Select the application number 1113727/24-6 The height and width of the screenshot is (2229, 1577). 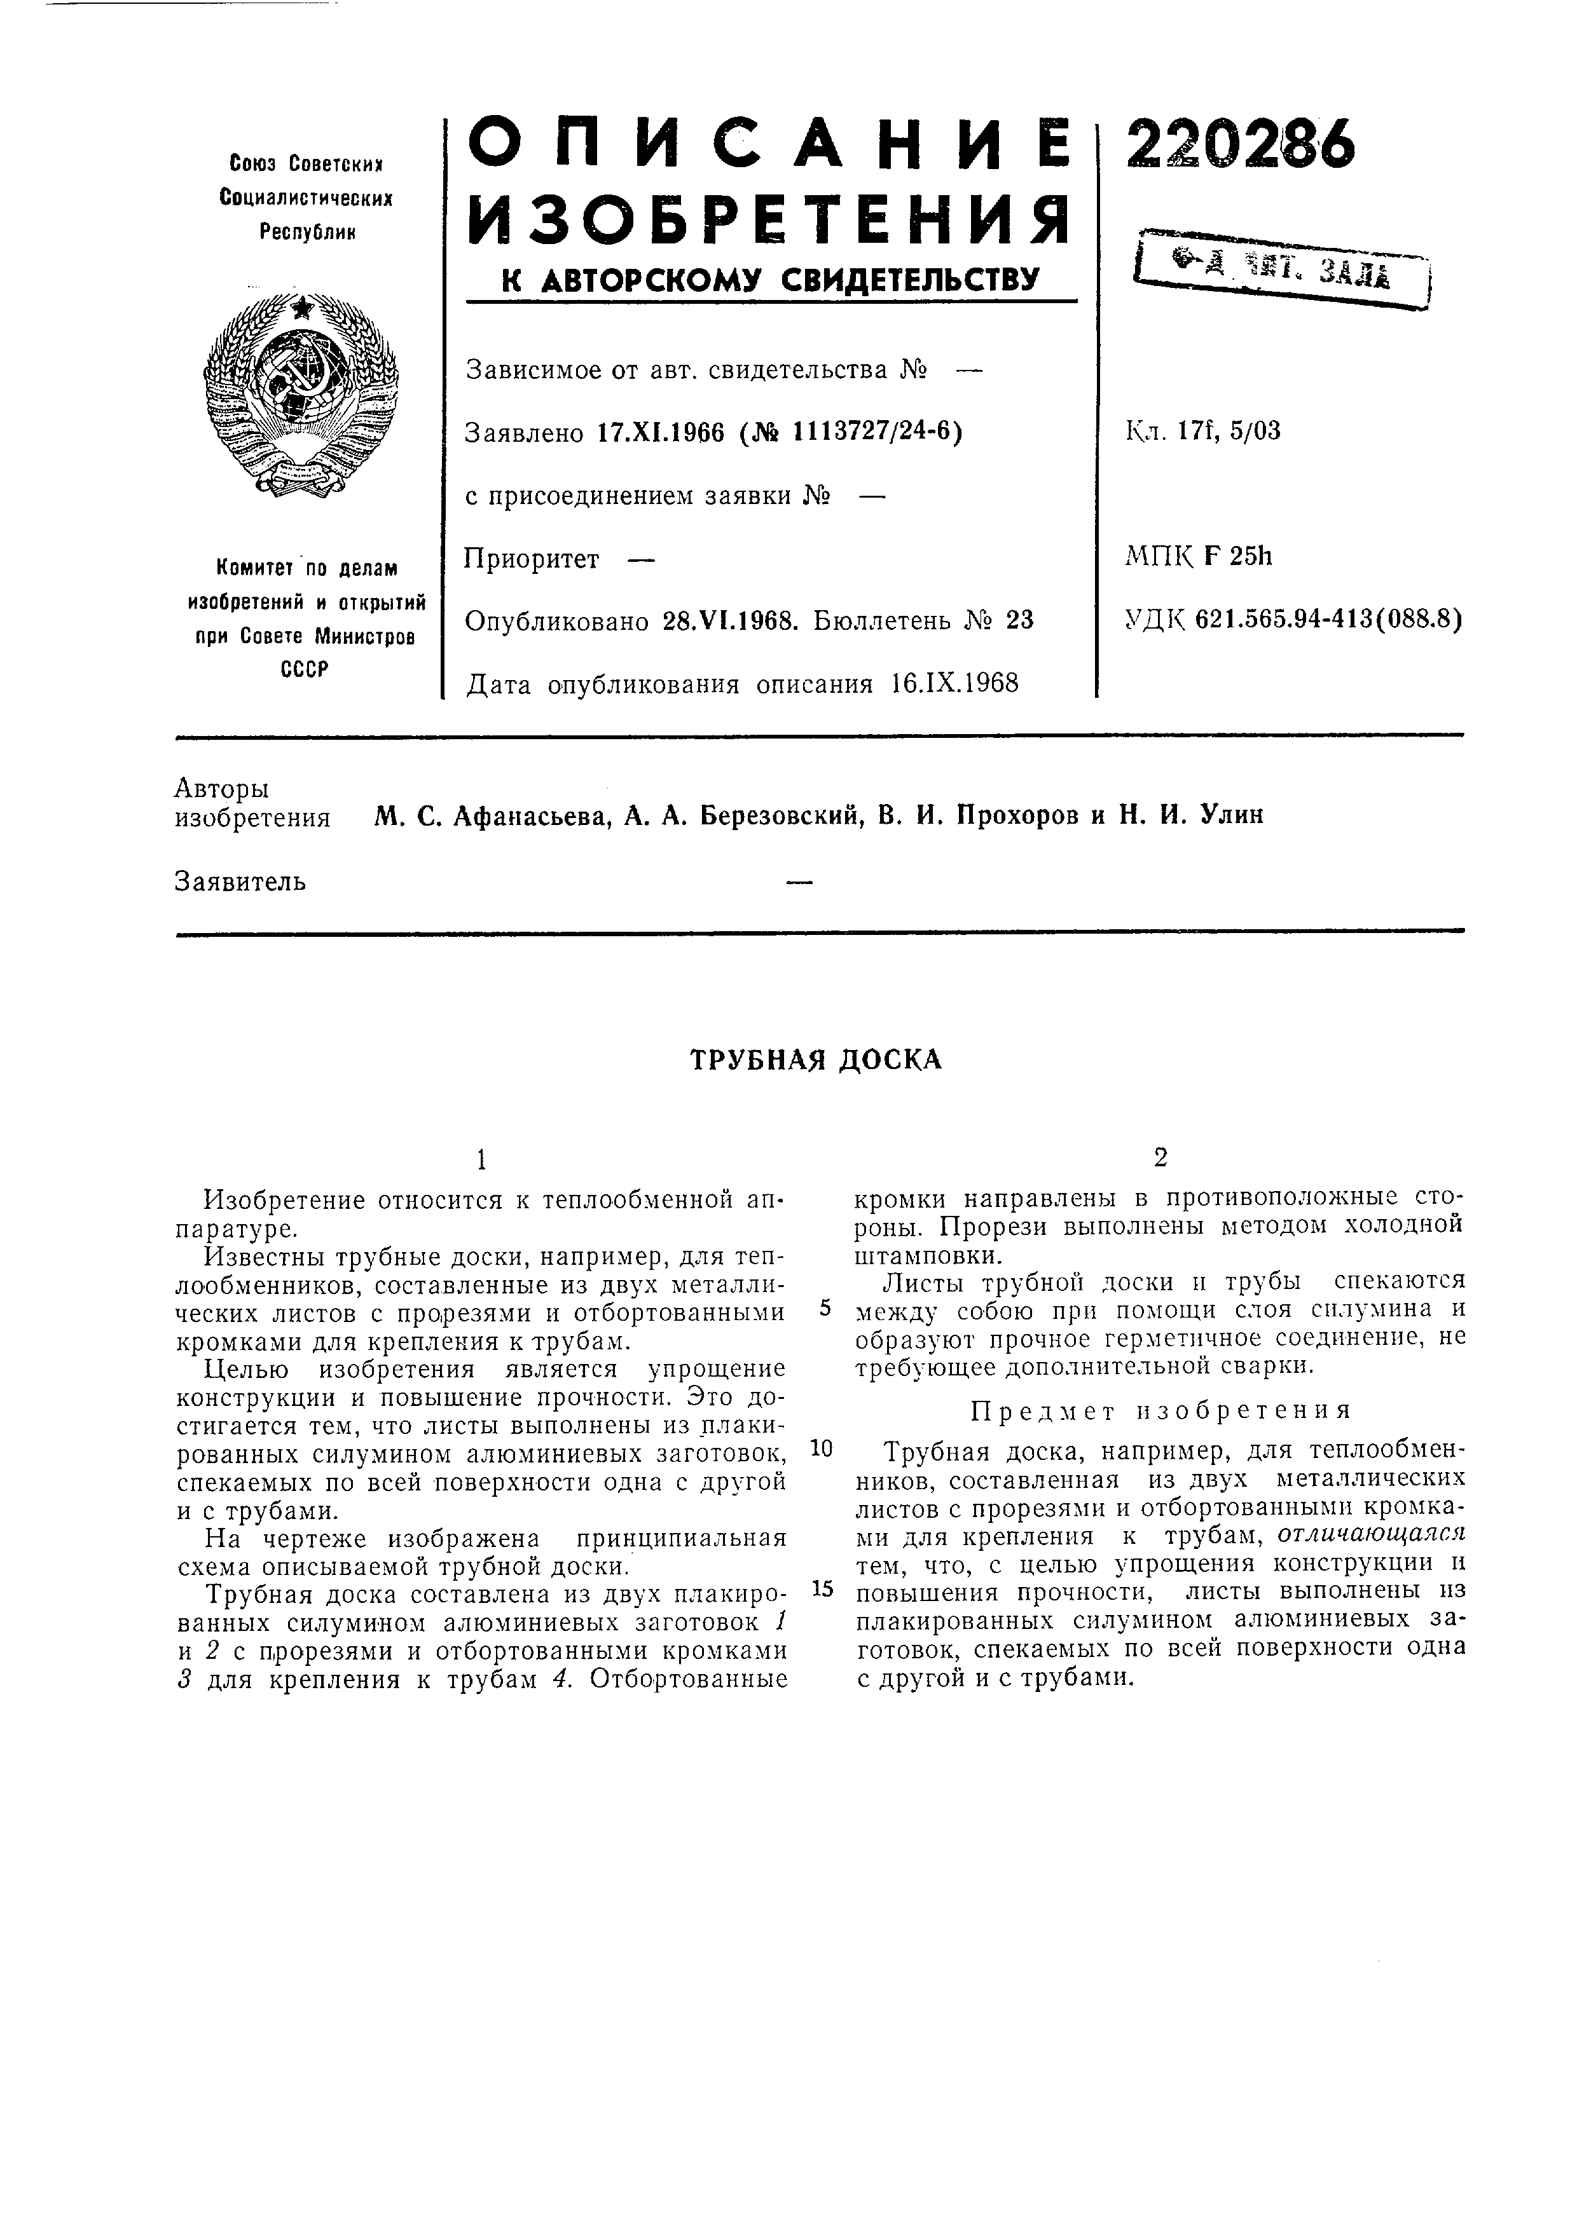pos(872,431)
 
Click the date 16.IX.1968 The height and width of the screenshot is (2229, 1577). pos(954,685)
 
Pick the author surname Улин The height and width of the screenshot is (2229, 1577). pos(1232,815)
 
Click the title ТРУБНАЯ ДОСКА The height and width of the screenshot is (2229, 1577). pos(816,1059)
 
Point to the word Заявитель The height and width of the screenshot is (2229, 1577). pos(241,882)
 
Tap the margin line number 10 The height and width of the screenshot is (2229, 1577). pos(822,1449)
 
